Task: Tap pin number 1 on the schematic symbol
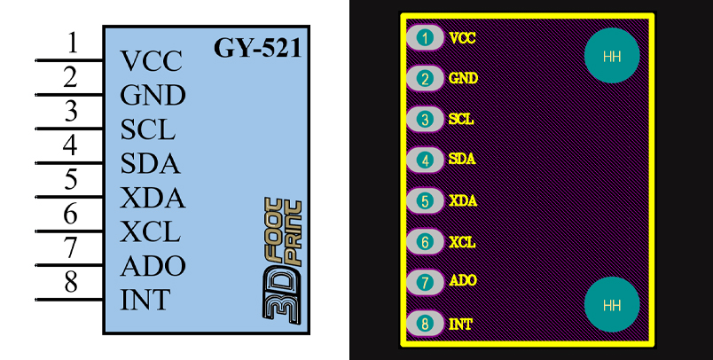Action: tap(72, 43)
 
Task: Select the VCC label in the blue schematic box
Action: tap(152, 61)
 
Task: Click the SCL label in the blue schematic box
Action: tap(148, 129)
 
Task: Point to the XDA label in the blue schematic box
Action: tap(153, 199)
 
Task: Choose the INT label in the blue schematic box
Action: tap(145, 300)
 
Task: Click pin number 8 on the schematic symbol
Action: tap(72, 283)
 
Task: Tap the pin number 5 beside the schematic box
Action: tap(72, 180)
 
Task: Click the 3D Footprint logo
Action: tap(283, 256)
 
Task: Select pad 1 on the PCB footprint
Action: tap(427, 38)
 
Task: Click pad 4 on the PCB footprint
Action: tap(427, 160)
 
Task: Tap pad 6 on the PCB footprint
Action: tap(427, 241)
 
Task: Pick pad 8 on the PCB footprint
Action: tap(427, 324)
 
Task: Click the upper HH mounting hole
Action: tap(612, 57)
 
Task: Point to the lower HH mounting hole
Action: tap(612, 305)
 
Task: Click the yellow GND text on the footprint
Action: tap(464, 78)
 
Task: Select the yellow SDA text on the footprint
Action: tap(462, 159)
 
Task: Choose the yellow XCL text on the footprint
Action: tap(462, 241)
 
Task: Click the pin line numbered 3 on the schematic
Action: tap(69, 129)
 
